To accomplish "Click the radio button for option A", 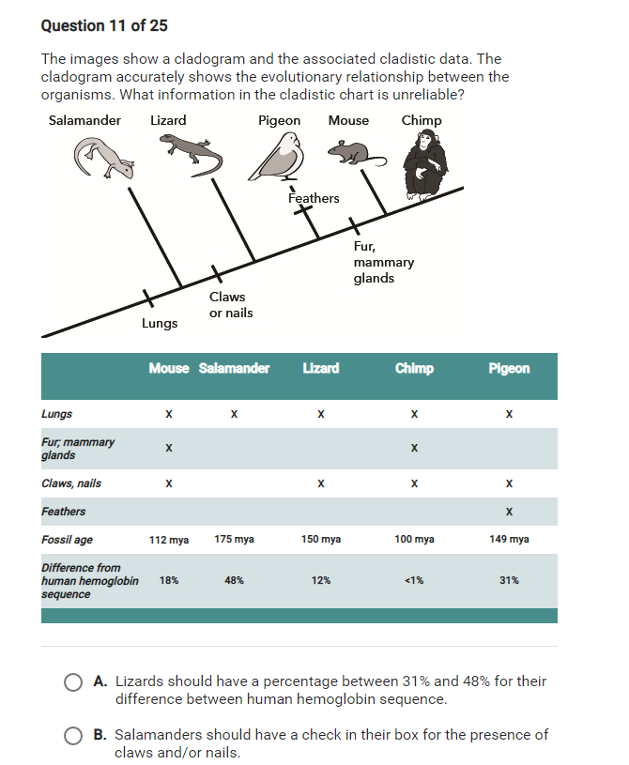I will [72, 682].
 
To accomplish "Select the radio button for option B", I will [72, 736].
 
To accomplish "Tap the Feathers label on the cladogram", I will [314, 198].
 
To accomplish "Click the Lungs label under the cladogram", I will [160, 323].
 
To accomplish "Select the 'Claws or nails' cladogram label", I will [230, 305].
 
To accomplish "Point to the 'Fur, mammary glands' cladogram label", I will [383, 262].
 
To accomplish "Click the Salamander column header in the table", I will [234, 368].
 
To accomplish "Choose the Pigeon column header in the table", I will [509, 368].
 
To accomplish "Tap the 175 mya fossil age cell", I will [234, 540].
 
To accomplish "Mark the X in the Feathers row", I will [509, 512].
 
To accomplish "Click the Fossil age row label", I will [67, 540].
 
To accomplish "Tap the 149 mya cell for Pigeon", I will [509, 540].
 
